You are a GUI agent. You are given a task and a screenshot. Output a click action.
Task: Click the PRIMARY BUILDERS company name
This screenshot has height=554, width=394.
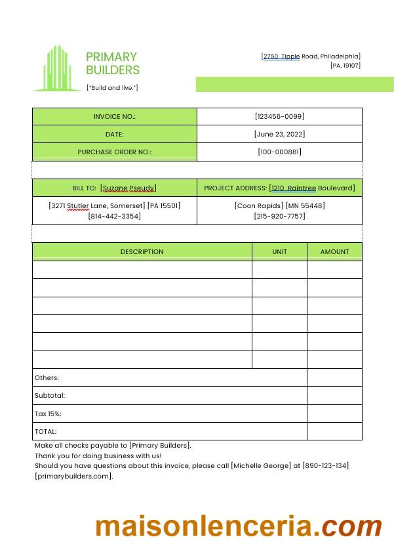click(112, 63)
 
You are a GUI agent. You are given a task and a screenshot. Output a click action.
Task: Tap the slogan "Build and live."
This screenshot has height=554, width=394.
click(112, 88)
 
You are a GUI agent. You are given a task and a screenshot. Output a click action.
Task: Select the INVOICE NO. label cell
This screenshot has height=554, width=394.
click(115, 116)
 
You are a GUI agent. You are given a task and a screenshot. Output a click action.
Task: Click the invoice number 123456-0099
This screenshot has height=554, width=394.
click(279, 116)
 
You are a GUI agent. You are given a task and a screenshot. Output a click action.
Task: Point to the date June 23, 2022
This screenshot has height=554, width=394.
click(279, 134)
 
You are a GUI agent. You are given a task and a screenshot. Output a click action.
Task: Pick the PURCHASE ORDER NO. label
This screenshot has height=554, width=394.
click(115, 152)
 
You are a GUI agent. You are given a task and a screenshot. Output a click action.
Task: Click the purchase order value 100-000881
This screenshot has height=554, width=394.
click(279, 152)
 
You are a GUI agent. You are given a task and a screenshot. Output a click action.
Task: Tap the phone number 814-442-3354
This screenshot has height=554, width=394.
click(114, 216)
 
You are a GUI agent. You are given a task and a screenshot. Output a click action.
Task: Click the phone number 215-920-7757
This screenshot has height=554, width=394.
click(279, 216)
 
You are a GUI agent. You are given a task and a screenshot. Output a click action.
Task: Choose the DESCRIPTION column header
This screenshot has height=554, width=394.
click(142, 251)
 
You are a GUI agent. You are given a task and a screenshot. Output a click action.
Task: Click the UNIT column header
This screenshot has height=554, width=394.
click(279, 251)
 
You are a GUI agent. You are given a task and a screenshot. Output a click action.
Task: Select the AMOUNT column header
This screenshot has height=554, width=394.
click(334, 251)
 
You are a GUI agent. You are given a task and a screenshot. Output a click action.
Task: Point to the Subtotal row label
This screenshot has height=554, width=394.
click(50, 396)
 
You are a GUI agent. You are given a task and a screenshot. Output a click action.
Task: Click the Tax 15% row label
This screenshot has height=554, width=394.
click(48, 414)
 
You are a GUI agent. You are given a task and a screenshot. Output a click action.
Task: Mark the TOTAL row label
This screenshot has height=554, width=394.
click(46, 432)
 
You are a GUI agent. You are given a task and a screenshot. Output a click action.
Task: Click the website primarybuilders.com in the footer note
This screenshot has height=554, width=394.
click(73, 477)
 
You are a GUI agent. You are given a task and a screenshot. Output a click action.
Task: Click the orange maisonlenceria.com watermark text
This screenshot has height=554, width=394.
click(239, 526)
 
